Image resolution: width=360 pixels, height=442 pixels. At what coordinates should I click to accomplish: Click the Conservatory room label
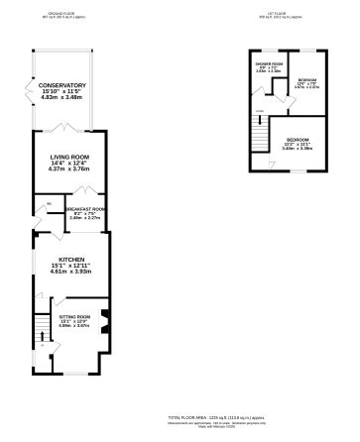point(62,86)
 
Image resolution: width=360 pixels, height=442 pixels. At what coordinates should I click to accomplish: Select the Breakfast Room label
point(86,210)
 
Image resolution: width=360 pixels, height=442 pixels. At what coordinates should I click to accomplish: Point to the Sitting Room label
point(76,317)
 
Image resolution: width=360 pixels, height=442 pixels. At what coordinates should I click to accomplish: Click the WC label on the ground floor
point(48,207)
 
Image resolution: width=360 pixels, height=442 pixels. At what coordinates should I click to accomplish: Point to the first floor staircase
point(257,128)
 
